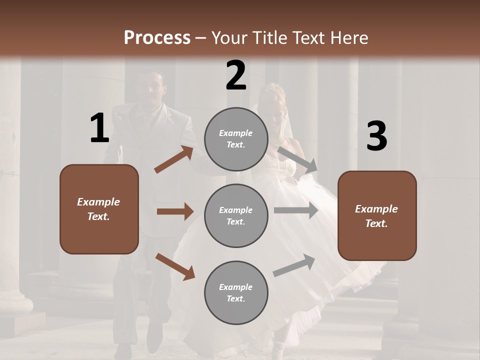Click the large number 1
(99, 128)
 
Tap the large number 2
(236, 75)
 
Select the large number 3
(376, 136)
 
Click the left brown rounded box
(99, 209)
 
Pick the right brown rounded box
(377, 216)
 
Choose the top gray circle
(236, 139)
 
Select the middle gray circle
(236, 216)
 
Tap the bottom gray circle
(236, 293)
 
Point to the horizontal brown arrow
(175, 211)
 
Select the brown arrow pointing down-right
(175, 266)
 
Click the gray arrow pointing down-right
(297, 159)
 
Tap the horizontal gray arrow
(296, 210)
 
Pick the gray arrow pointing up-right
(294, 265)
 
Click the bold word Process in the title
(157, 38)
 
